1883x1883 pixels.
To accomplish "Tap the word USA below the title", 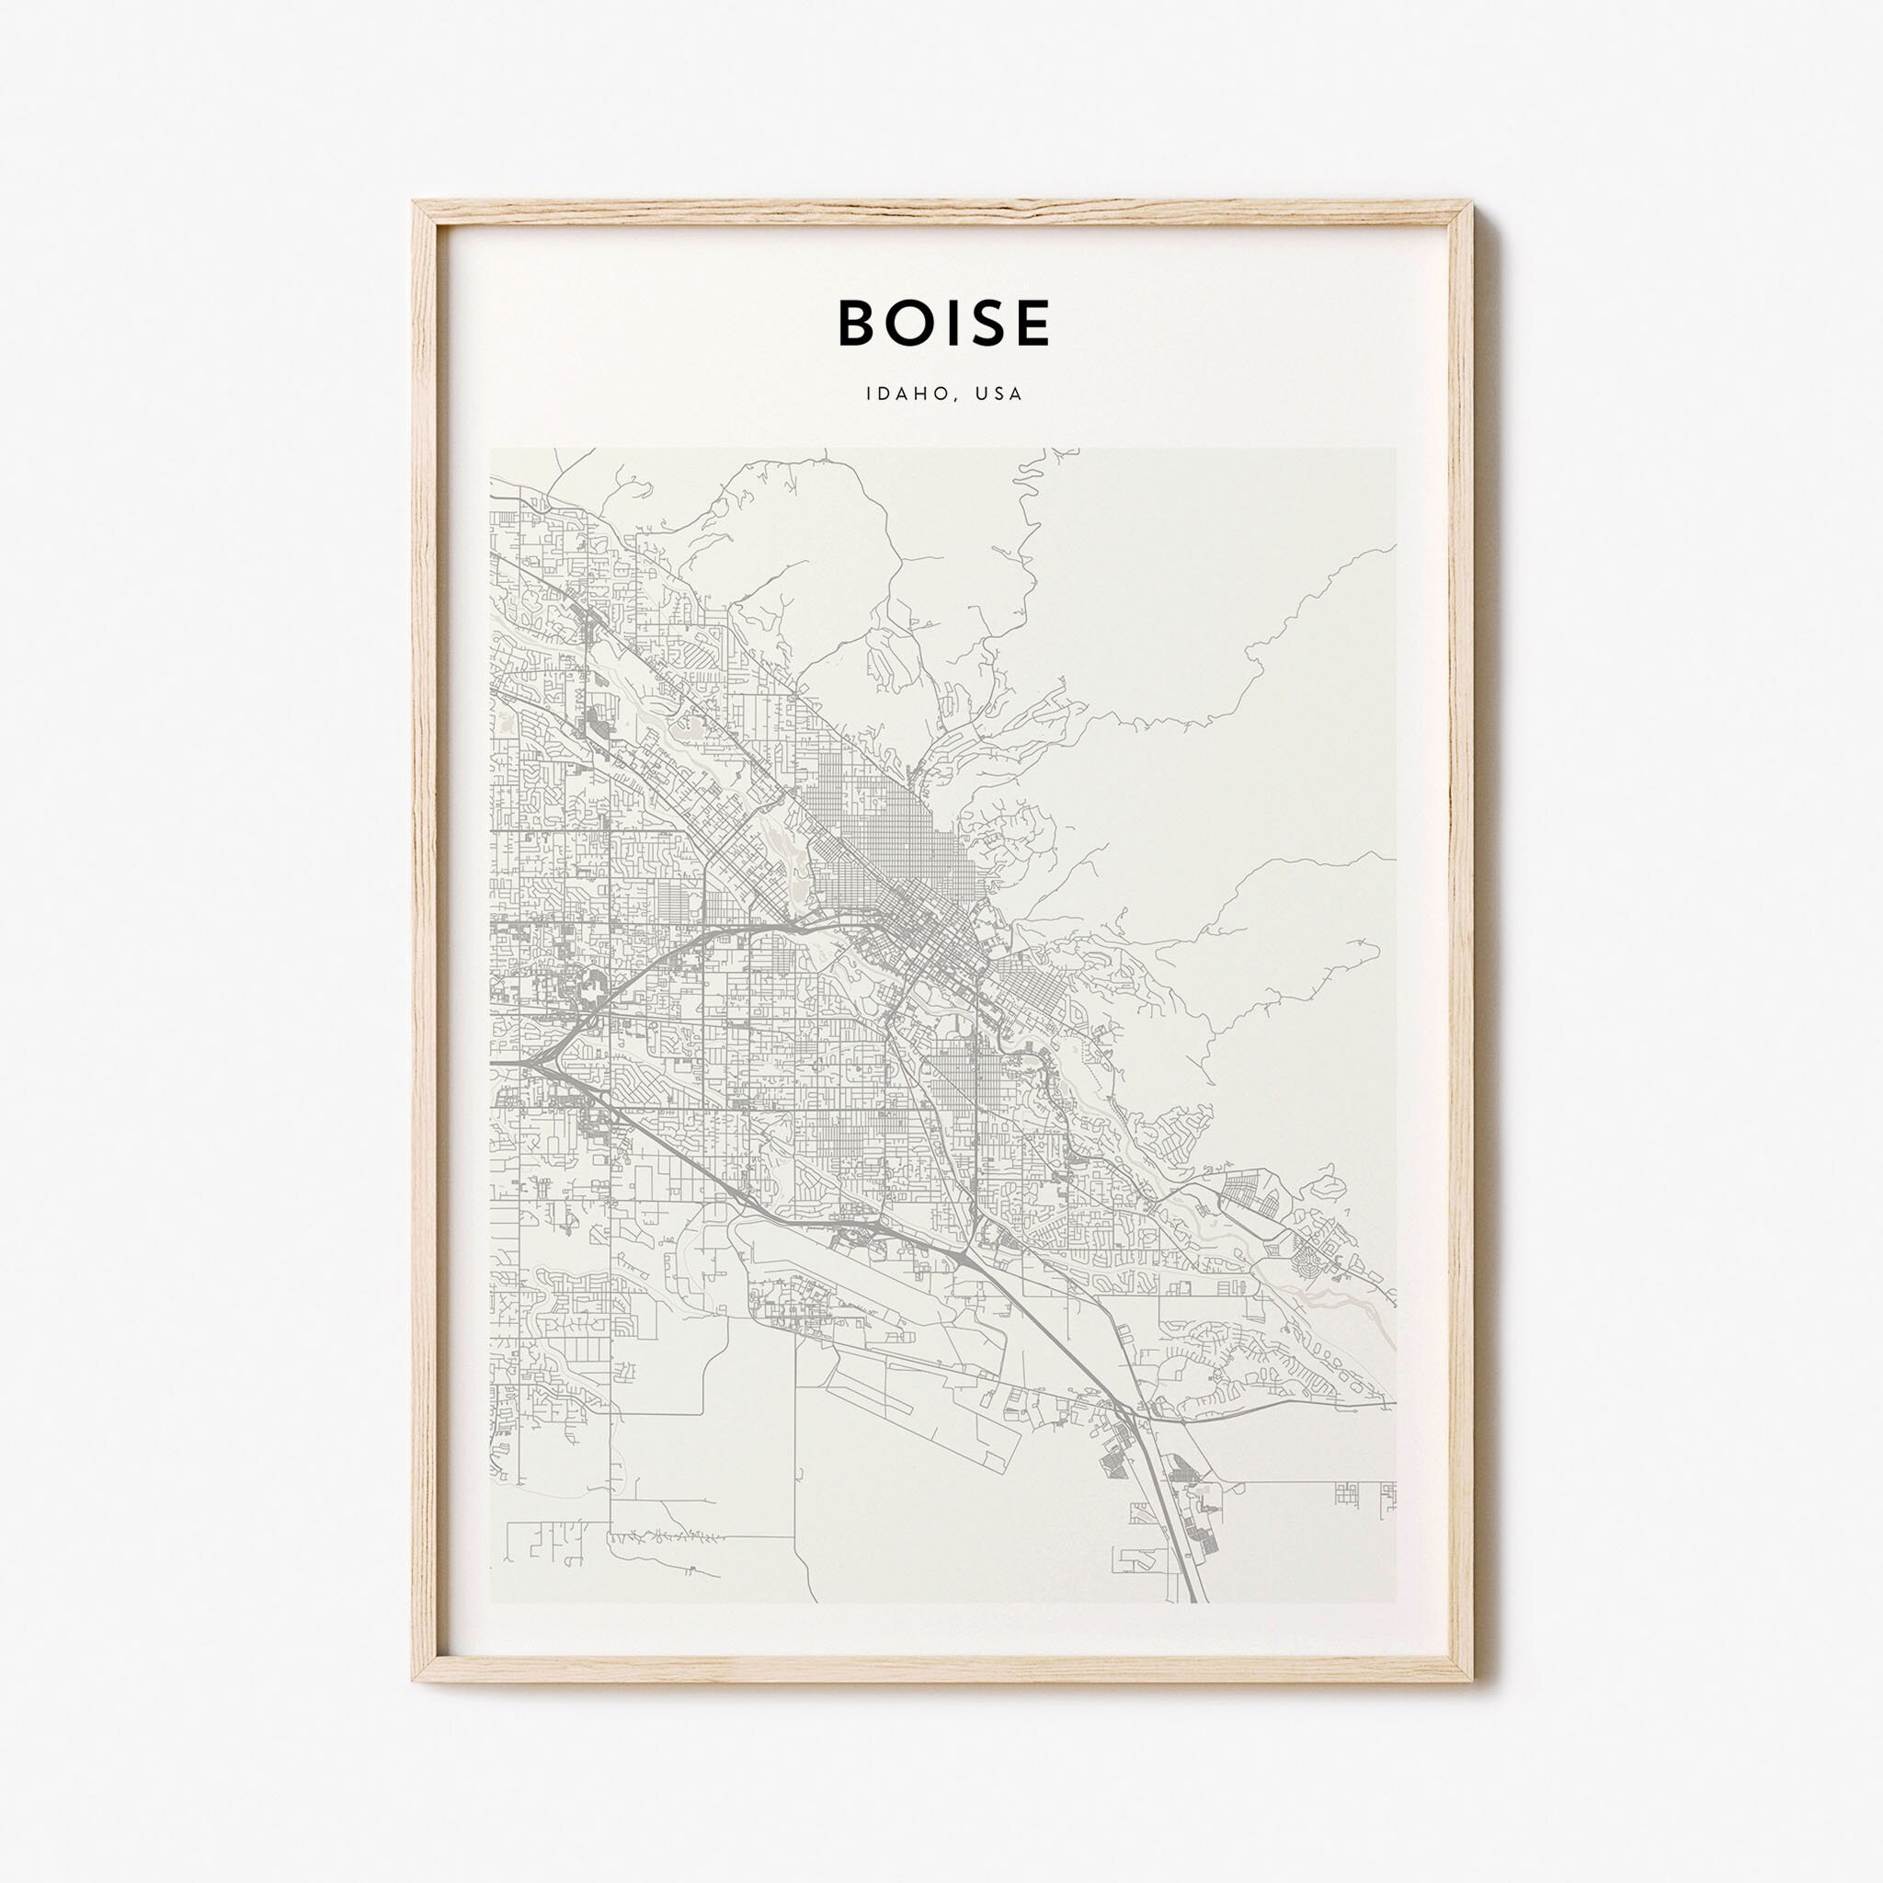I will click(x=1002, y=394).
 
